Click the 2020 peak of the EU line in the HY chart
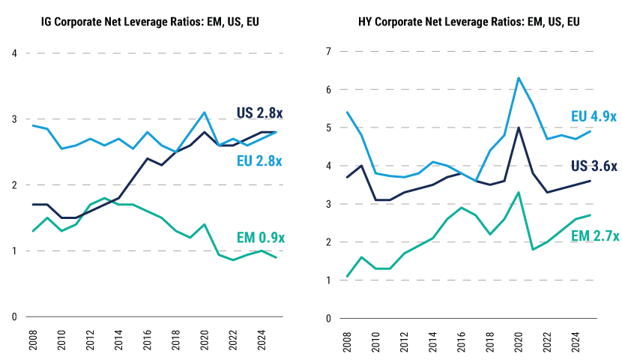(519, 77)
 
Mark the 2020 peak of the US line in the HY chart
(519, 127)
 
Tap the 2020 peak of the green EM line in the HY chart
(519, 192)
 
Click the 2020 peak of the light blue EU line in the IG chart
(205, 112)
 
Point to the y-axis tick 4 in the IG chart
(15, 53)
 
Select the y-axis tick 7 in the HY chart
(329, 52)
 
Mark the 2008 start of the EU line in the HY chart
(348, 112)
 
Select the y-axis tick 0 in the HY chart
(329, 319)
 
